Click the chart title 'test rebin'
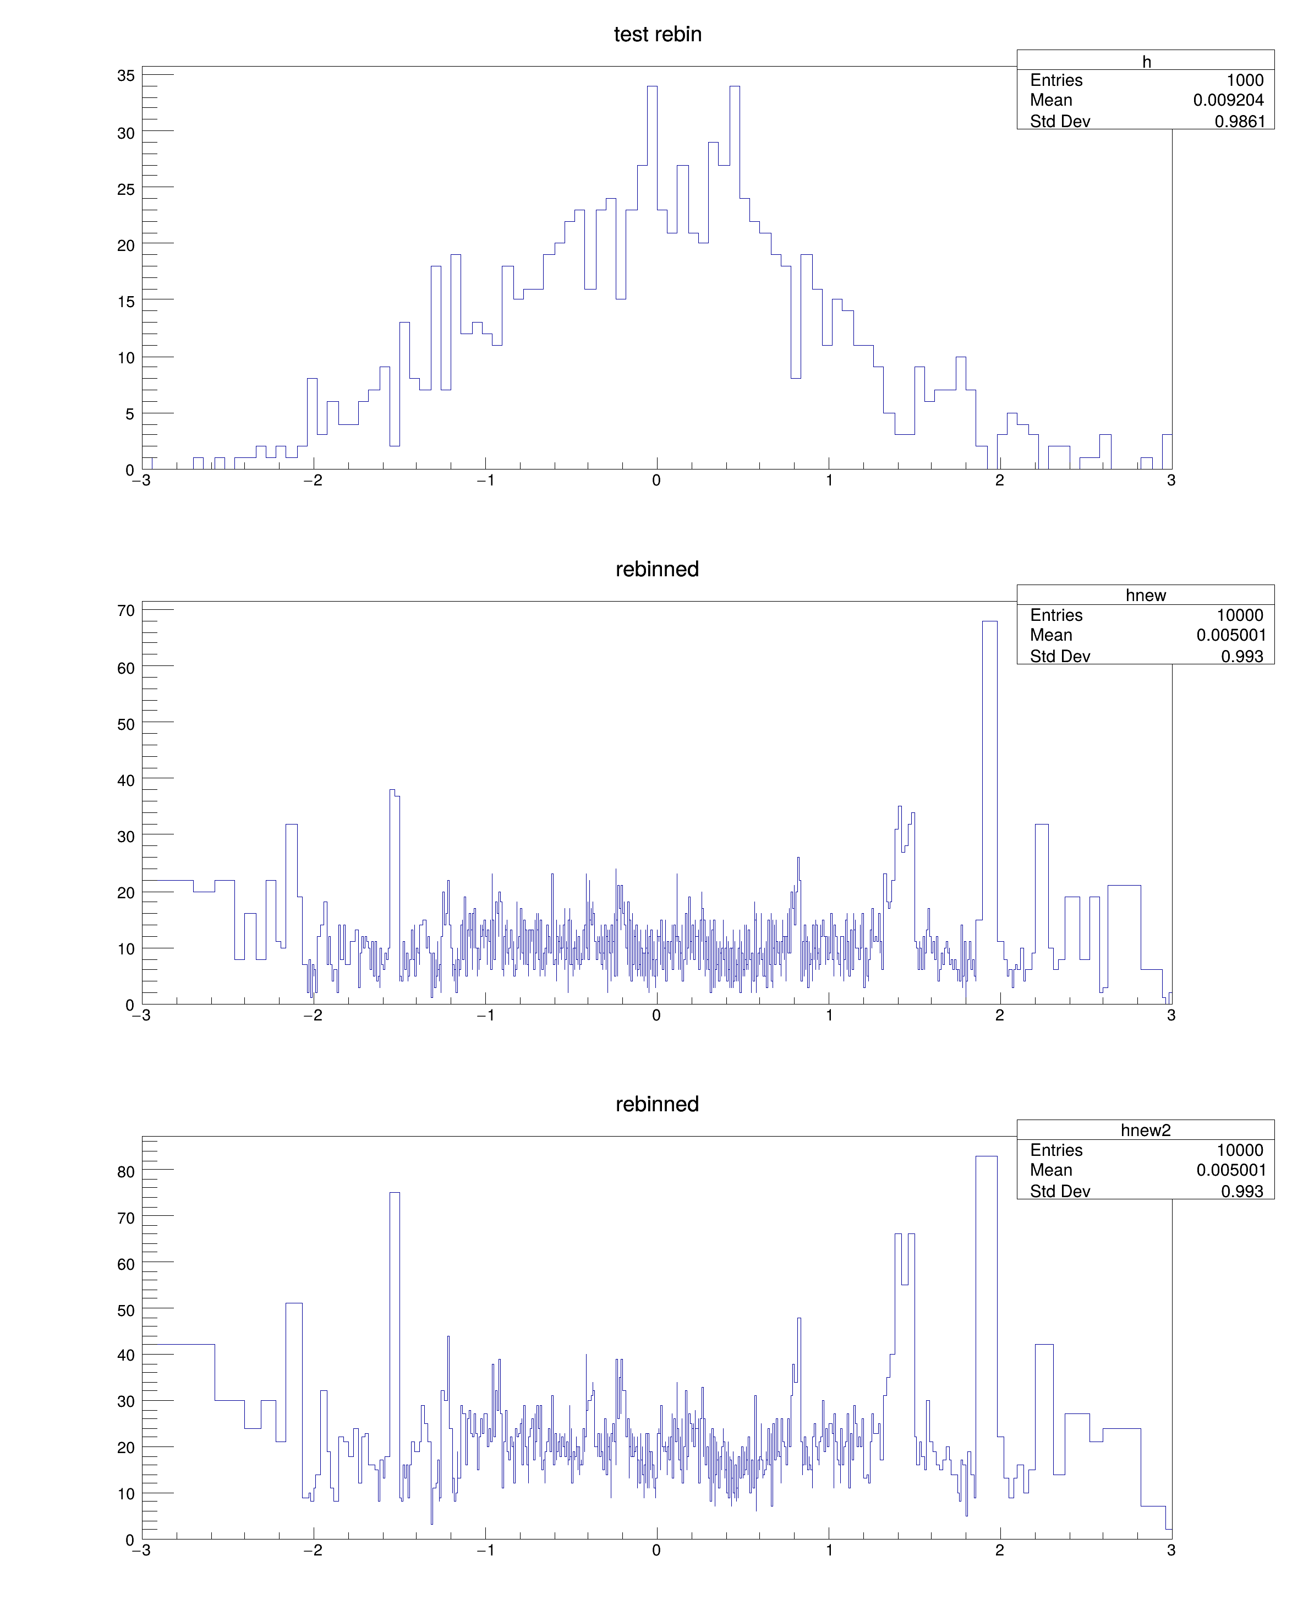pos(657,35)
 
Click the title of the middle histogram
pos(657,569)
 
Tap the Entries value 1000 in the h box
pos(1244,80)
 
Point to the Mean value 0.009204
pos(1228,100)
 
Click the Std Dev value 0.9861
pos(1239,121)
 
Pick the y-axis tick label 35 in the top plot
pos(125,76)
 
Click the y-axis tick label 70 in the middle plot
pos(125,610)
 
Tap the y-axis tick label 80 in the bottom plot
pos(125,1172)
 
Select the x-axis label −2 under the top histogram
pos(313,481)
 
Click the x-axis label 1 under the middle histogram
pos(829,1016)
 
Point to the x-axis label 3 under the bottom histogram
pos(1171,1550)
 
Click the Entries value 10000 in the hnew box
pos(1239,615)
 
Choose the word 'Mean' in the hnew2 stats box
pos(1050,1170)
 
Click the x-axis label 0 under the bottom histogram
pos(656,1550)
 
